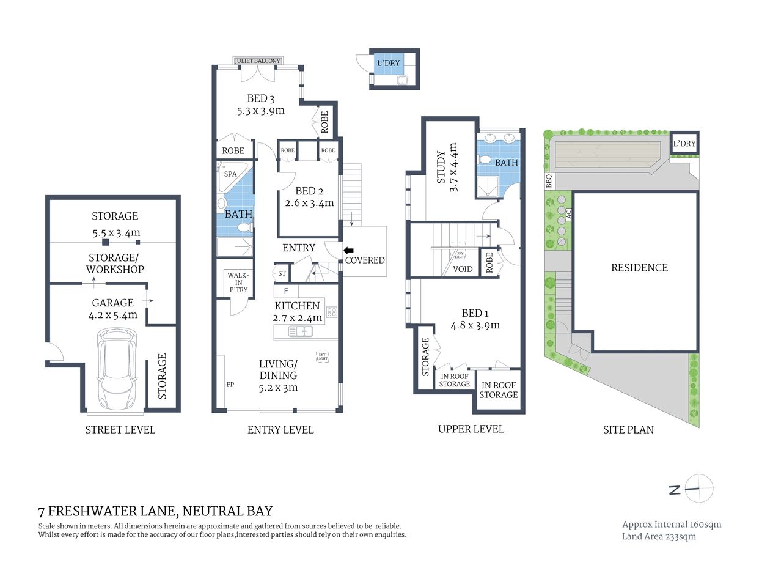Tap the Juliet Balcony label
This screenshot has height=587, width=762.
[257, 61]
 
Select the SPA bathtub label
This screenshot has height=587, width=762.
[230, 174]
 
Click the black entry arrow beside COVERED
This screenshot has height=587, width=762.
[348, 250]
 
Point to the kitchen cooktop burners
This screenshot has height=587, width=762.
[332, 312]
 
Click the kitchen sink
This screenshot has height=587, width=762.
[300, 331]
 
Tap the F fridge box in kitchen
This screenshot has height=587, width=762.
[286, 291]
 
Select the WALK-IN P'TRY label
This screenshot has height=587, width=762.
[238, 282]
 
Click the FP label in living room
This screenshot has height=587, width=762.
[230, 385]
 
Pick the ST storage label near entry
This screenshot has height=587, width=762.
[282, 273]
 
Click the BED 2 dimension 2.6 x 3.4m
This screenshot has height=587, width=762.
[309, 203]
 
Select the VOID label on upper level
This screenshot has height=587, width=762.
[463, 269]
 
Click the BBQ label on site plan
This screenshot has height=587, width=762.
[549, 181]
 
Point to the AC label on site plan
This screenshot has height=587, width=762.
[568, 214]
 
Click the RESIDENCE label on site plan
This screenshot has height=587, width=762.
[639, 268]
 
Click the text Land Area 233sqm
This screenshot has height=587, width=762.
[659, 536]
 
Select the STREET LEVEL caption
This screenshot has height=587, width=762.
[120, 430]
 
